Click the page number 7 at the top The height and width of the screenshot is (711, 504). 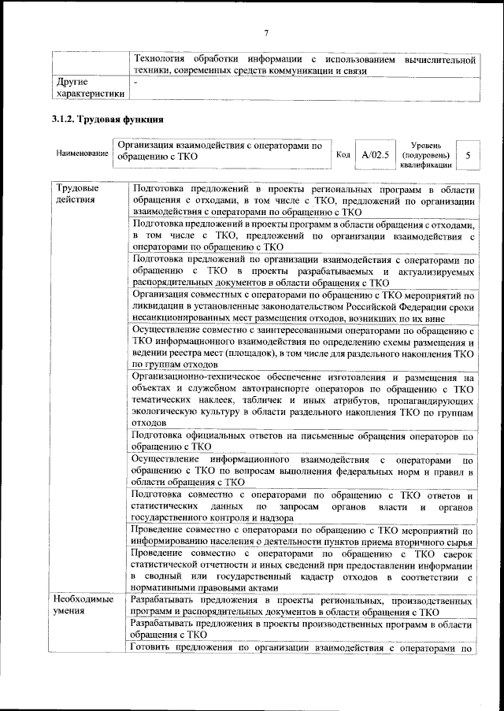coord(266,32)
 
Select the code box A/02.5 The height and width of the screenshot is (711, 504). coord(375,154)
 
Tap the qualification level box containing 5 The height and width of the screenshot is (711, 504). coord(468,155)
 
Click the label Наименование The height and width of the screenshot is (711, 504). coord(82,153)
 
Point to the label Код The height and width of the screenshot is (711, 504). coord(343,154)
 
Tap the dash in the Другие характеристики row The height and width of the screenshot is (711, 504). coord(135,82)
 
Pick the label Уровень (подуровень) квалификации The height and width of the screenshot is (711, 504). coord(424,155)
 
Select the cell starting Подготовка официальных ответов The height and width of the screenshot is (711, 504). coord(302,440)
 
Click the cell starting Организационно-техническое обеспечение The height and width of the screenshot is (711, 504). coord(302,399)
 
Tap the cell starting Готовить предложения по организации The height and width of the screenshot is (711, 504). coord(302,649)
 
